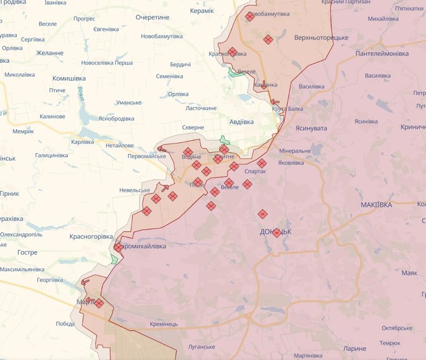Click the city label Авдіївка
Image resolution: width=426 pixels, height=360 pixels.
242,122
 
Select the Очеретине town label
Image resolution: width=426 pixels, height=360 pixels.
153,17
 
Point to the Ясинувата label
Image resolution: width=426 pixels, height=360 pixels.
311,128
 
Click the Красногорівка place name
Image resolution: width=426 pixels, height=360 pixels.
91,236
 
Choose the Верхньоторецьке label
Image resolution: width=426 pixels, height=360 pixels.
321,37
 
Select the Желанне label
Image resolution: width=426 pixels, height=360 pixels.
50,53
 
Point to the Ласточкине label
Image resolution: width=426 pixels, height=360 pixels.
201,108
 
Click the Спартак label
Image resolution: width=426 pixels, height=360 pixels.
256,172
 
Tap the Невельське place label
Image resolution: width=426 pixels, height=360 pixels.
134,190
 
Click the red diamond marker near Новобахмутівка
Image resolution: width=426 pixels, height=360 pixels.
250,17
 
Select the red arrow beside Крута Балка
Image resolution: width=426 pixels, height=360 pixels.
275,102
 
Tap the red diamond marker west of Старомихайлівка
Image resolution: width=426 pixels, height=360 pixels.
118,247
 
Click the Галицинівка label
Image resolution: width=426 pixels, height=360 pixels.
51,155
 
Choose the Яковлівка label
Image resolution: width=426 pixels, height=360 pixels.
291,162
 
